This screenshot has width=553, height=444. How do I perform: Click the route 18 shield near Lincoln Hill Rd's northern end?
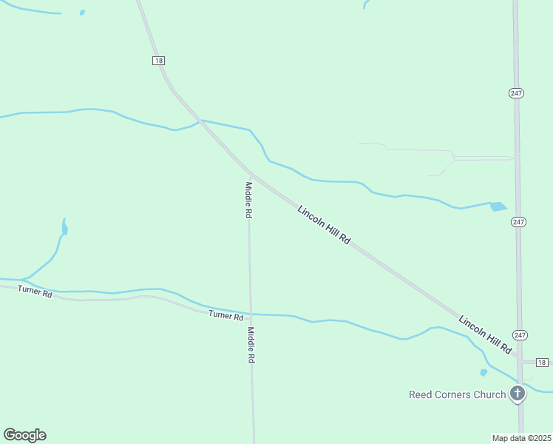[159, 60]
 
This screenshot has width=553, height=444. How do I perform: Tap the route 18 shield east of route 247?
[543, 362]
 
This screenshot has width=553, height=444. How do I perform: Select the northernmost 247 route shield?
[517, 92]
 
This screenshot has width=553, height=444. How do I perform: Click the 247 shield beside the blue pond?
[519, 222]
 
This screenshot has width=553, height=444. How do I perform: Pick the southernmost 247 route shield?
[520, 335]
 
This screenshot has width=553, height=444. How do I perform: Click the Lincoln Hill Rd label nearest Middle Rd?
[324, 226]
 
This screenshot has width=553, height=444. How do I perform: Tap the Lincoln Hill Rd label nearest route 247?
[485, 334]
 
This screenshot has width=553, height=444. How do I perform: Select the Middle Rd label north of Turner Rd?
[249, 199]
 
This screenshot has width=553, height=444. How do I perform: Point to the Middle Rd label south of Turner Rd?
[251, 345]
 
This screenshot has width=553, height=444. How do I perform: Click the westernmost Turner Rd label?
[35, 292]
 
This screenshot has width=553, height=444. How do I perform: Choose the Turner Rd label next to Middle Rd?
[225, 315]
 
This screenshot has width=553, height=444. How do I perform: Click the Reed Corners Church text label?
[457, 394]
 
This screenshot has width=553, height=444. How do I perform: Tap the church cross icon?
[518, 394]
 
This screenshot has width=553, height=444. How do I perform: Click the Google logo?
[24, 435]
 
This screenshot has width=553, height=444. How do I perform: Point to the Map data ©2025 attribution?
[522, 438]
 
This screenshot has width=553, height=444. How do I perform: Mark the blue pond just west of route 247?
[498, 206]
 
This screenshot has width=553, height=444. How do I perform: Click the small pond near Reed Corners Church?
[484, 372]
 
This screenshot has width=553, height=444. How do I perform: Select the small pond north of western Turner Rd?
[64, 227]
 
